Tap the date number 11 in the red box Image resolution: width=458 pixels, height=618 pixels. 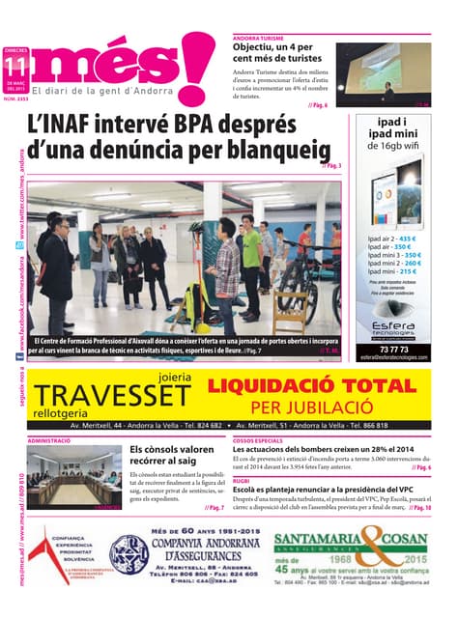[14, 66]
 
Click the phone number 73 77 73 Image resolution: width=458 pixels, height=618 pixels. [394, 349]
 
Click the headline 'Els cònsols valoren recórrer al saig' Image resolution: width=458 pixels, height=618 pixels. [172, 455]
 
